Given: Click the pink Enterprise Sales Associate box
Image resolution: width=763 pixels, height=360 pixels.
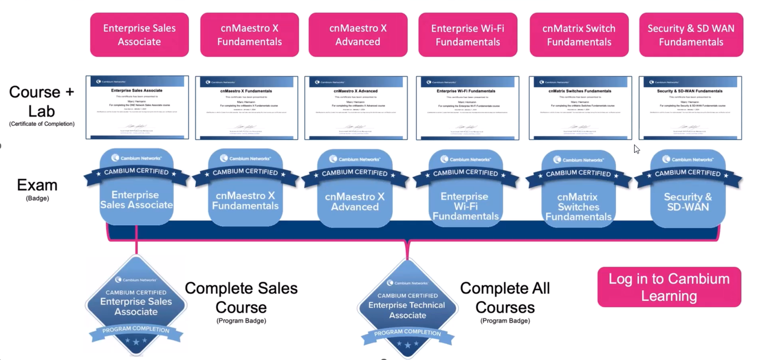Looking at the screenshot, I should click(139, 35).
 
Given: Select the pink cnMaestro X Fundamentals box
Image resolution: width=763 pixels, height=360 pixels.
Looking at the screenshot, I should click(249, 35).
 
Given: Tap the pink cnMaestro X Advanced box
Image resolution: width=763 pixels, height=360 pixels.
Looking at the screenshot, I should click(358, 35).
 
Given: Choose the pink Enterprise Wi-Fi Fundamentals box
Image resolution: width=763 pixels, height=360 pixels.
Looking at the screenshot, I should click(467, 35).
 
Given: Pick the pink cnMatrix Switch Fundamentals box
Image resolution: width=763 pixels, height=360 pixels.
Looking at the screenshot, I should click(579, 35).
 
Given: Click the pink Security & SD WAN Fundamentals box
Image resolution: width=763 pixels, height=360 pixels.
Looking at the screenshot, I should click(691, 35).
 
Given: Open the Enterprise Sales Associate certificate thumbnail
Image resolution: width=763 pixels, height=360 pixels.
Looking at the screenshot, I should click(137, 107).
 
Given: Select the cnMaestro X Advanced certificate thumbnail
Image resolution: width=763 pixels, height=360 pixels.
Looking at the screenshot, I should click(356, 108).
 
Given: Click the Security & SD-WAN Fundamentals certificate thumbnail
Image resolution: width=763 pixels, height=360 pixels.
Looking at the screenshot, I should click(690, 108).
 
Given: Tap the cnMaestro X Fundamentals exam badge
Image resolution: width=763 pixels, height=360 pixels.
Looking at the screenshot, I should click(245, 188).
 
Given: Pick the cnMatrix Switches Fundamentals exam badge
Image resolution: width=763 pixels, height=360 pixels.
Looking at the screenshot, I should click(579, 189).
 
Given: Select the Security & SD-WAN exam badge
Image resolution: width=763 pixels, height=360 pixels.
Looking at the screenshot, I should click(688, 189).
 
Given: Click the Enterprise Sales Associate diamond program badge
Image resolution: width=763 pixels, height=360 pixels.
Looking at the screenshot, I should click(136, 305).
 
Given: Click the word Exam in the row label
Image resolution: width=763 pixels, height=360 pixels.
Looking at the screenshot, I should click(37, 185).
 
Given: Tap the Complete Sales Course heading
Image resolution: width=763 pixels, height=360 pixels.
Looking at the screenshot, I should click(241, 297).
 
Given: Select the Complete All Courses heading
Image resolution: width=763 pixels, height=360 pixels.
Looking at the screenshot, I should click(505, 297).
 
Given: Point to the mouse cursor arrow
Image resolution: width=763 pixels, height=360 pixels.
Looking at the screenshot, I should click(636, 149).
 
